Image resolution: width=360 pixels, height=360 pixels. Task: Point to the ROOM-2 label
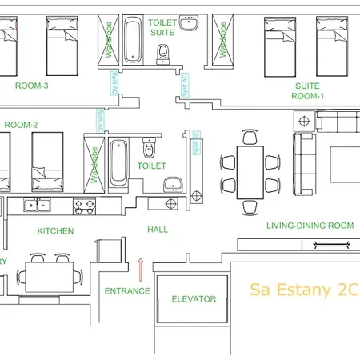pyautogui.click(x=22, y=125)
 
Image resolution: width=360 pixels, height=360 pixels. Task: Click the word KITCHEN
pyautogui.click(x=56, y=231)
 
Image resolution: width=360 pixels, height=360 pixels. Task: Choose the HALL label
pyautogui.click(x=158, y=230)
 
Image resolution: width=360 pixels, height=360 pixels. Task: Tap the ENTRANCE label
pyautogui.click(x=127, y=291)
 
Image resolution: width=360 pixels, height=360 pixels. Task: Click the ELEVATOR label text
pyautogui.click(x=194, y=299)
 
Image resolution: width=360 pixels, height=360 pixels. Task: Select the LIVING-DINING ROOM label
pyautogui.click(x=310, y=226)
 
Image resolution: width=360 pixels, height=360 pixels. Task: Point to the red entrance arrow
pyautogui.click(x=141, y=265)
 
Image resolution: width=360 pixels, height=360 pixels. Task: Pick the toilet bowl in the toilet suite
pyautogui.click(x=163, y=54)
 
